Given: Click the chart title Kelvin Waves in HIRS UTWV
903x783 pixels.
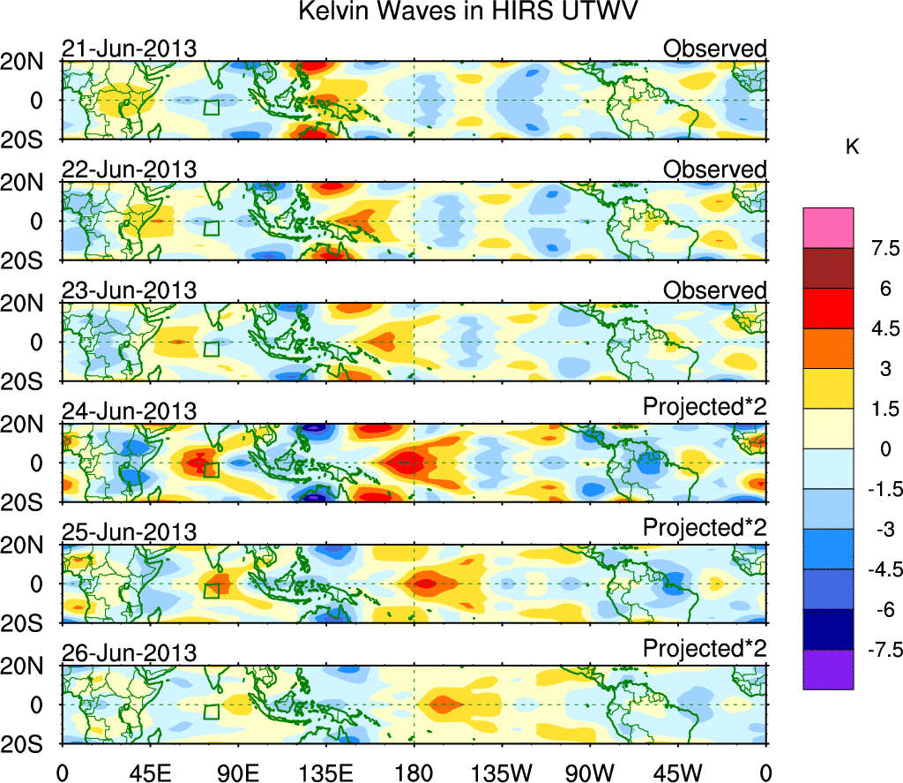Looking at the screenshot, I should tap(467, 12).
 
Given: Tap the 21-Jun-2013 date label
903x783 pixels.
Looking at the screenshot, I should tap(129, 49).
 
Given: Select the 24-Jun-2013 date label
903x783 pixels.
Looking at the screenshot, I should tap(129, 410).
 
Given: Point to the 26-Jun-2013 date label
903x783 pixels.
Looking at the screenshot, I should tap(129, 652).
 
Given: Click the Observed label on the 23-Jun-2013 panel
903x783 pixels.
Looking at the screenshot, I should tap(715, 290).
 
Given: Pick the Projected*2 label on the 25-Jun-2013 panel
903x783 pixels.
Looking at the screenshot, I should tap(705, 527).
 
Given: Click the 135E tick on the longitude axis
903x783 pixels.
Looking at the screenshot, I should tap(326, 772).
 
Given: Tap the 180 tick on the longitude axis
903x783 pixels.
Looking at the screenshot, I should tap(414, 772).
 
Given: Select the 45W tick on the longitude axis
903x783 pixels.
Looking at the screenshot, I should tap(678, 772).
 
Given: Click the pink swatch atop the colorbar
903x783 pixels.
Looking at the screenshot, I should tap(828, 228).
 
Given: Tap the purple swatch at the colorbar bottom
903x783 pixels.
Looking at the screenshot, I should tap(828, 669).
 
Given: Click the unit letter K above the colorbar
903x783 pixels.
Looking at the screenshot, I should tap(853, 147).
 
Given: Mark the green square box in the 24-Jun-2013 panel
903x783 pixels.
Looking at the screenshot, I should tap(211, 470).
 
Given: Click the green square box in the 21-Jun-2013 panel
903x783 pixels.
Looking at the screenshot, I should tap(211, 107).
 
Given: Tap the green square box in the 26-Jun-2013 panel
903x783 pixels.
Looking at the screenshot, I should tap(211, 711).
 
